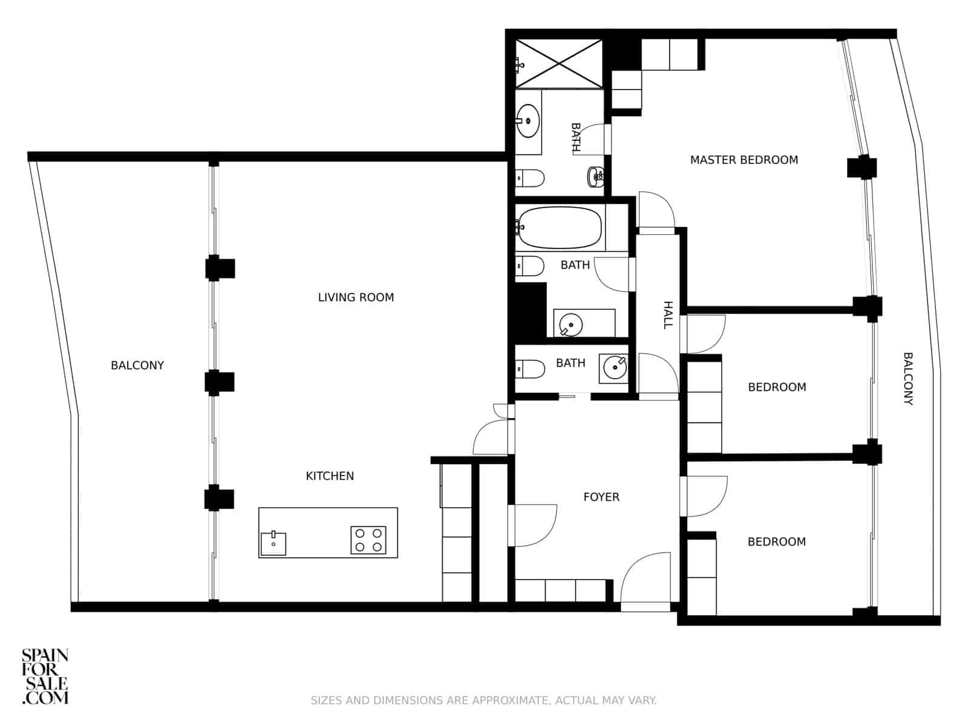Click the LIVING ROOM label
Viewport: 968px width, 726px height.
pos(356,297)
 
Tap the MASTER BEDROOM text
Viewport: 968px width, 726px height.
pos(744,160)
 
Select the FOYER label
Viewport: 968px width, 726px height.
pos(601,497)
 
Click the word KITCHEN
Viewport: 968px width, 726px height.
pos(330,476)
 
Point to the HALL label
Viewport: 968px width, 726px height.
pos(668,315)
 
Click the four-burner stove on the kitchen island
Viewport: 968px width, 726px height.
pos(368,540)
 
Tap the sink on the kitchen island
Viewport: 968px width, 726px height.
pos(273,543)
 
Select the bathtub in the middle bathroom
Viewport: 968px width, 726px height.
pos(560,227)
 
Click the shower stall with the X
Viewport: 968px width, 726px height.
pos(559,63)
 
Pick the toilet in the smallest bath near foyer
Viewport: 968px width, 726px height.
pos(531,369)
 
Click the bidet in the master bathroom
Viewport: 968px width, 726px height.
pos(596,176)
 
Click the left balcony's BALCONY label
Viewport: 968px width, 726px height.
pos(137,365)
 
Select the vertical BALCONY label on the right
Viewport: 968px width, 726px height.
pos(907,378)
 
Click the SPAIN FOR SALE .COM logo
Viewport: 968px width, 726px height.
pos(45,676)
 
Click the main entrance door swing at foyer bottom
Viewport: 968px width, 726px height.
pos(647,578)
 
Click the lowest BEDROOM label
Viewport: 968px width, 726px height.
pos(776,541)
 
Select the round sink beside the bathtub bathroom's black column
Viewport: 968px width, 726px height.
pos(571,325)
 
